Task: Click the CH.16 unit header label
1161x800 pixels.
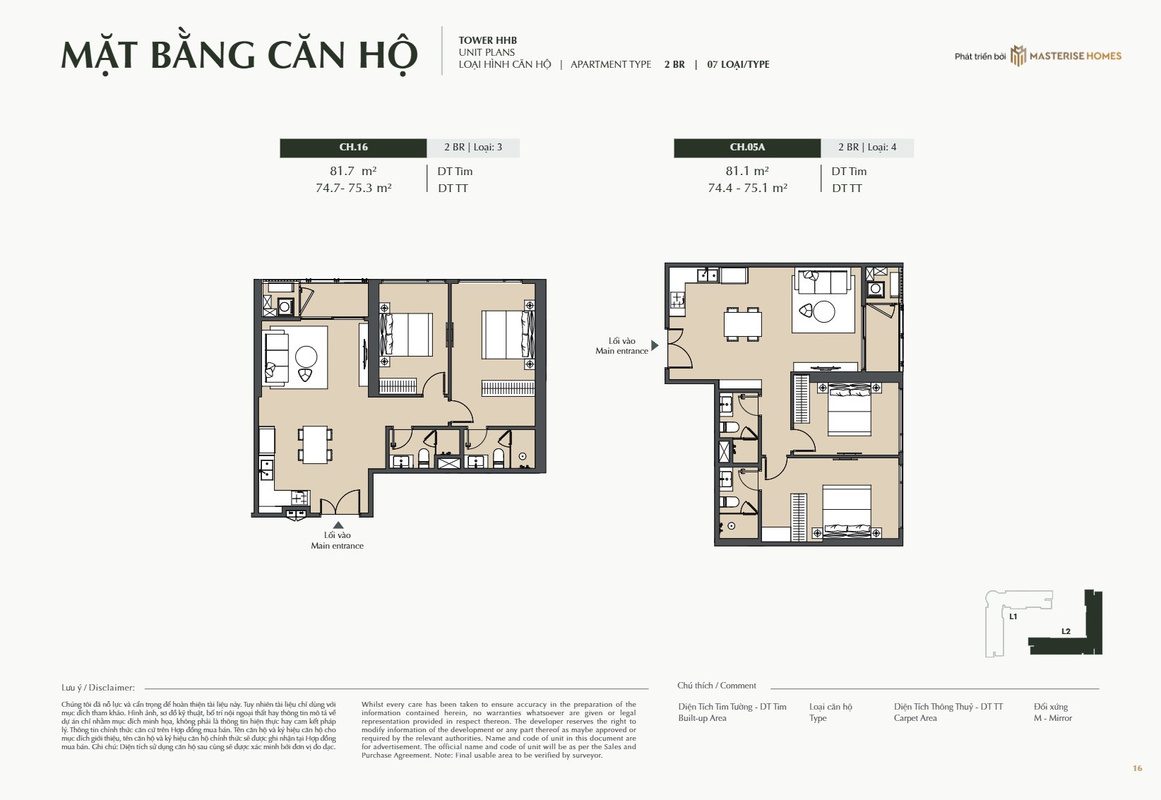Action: coord(354,147)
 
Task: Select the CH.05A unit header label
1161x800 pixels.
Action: coord(747,147)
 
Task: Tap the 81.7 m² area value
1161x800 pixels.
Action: coord(353,171)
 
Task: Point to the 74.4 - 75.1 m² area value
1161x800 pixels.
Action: coord(747,188)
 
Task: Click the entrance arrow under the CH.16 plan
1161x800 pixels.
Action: coord(338,525)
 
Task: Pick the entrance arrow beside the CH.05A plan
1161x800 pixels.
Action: coord(655,345)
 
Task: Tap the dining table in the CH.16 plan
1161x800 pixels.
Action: coord(315,445)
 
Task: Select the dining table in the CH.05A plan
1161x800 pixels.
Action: coord(743,324)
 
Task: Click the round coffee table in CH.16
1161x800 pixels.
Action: coord(306,357)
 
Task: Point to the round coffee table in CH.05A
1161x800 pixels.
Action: coord(824,312)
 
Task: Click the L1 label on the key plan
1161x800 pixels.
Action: coord(1013,616)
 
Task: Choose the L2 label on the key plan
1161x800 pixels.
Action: coord(1066,631)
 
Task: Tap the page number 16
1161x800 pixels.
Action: coord(1138,768)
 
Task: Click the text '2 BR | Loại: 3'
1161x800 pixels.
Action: coord(473,147)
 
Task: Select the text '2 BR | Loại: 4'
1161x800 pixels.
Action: coord(867,147)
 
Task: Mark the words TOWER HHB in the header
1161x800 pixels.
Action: coord(488,40)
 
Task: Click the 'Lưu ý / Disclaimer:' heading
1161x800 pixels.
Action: coord(98,688)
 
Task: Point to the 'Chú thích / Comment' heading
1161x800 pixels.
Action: coord(717,686)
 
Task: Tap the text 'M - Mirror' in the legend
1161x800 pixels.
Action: coord(1053,718)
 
